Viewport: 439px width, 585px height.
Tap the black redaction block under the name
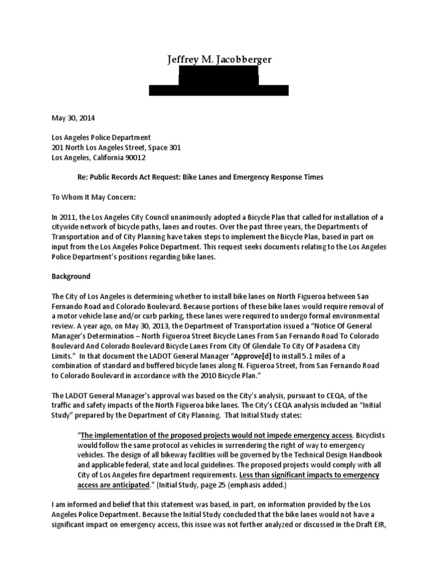(x=219, y=83)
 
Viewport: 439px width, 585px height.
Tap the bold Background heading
(x=71, y=276)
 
